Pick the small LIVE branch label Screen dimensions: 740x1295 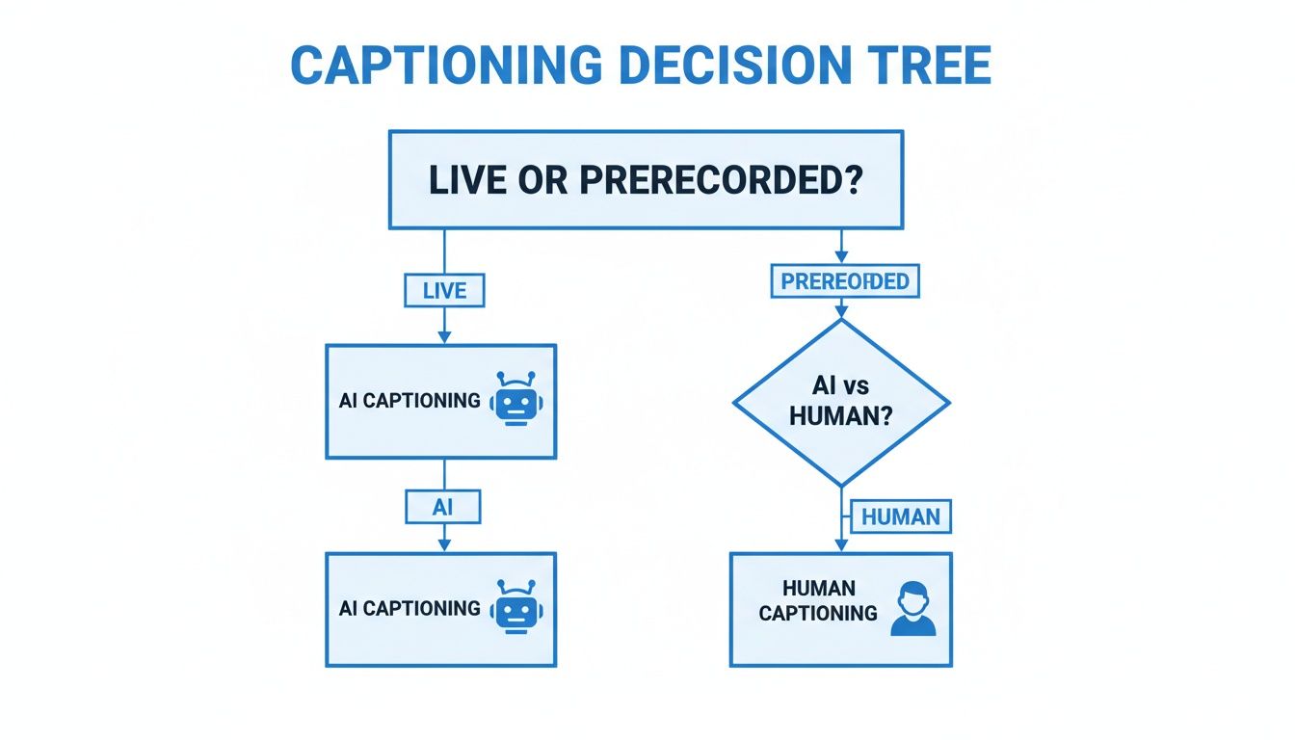tap(443, 291)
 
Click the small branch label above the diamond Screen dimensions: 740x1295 tap(845, 282)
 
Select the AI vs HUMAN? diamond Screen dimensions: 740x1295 tap(841, 402)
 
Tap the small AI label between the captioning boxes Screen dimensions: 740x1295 tap(442, 507)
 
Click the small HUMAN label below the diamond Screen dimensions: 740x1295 tap(900, 516)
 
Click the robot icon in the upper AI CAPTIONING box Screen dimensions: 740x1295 tap(516, 400)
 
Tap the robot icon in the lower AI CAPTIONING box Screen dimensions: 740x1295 tap(516, 608)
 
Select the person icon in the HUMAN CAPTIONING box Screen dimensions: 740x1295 tap(912, 609)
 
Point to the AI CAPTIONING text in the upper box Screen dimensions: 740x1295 tap(410, 401)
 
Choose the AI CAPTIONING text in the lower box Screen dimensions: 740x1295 tap(410, 609)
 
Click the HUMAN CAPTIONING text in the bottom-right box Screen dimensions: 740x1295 tap(818, 600)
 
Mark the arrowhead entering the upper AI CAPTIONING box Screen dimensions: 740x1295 tap(443, 336)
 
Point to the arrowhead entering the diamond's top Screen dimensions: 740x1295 tap(841, 311)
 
